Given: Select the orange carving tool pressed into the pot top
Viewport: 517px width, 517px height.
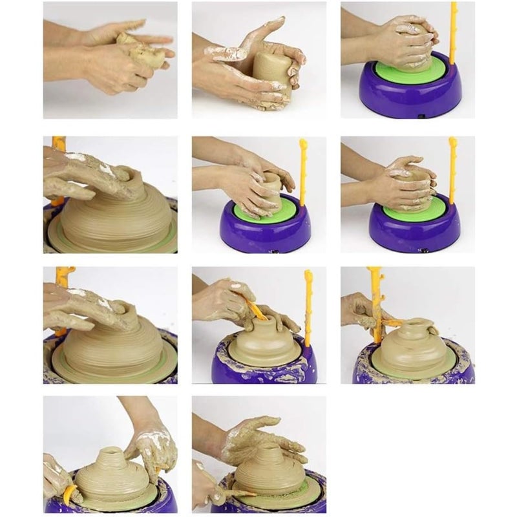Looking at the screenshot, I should [257, 310].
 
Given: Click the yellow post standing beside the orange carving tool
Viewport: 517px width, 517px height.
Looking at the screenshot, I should [308, 304].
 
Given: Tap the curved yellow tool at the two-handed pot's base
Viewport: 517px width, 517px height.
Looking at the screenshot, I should [69, 494].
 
